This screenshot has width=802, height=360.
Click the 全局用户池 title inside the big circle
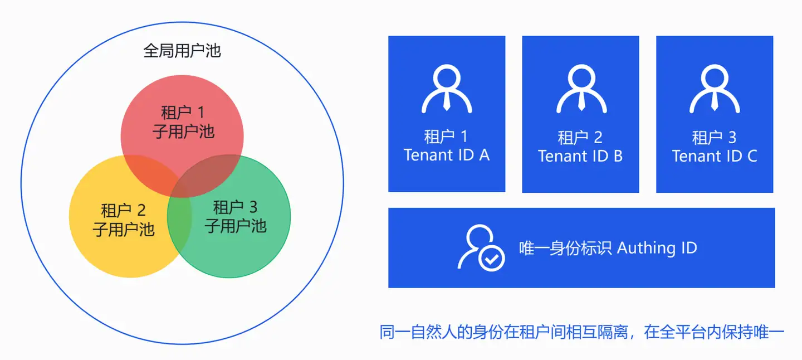coord(182,51)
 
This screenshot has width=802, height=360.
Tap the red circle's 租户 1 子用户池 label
coord(183,122)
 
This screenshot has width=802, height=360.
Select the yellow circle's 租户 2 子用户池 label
coord(124,220)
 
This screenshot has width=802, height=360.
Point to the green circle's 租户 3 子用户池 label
coord(235,217)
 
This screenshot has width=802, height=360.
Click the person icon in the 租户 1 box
coord(447,89)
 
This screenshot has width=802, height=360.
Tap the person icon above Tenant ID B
coord(581,89)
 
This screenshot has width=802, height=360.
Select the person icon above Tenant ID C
coord(715,89)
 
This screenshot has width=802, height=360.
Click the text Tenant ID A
coord(447,155)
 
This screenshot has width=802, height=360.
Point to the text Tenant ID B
coord(580,156)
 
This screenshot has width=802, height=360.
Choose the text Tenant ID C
coord(715,156)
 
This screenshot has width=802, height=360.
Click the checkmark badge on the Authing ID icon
coord(492,258)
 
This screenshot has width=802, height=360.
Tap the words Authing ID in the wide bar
coord(657,248)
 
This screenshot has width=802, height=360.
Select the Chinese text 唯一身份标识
coord(565,248)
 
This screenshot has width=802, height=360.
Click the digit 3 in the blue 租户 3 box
coord(732,138)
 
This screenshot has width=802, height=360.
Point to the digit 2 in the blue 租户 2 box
coord(598,138)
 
